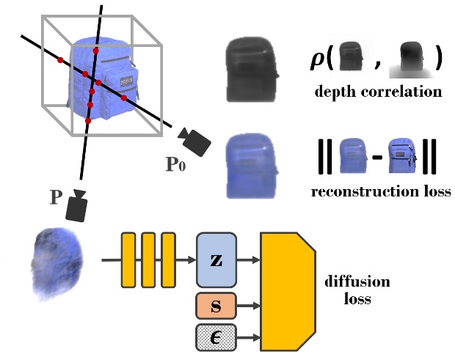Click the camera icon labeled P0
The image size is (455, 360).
tap(194, 141)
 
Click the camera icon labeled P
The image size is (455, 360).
tap(76, 206)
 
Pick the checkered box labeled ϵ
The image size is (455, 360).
tap(216, 337)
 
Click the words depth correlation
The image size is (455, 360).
tap(378, 92)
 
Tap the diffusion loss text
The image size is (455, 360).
tap(357, 290)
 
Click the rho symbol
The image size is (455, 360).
tap(319, 59)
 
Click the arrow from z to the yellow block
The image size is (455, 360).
tap(249, 260)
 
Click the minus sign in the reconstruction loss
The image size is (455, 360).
tap(377, 156)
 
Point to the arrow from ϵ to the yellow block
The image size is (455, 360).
tap(249, 337)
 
